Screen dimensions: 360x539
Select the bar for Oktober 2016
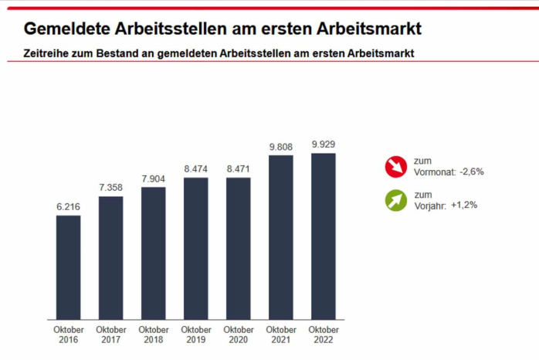(68, 267)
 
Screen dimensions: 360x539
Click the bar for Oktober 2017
(110, 258)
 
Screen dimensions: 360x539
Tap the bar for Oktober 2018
(154, 253)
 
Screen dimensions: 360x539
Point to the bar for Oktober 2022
(324, 236)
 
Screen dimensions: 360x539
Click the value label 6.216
(68, 207)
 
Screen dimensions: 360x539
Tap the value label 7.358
(110, 188)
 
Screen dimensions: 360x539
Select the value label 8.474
(196, 169)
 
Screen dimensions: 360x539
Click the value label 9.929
(324, 144)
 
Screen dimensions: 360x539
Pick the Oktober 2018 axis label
(154, 335)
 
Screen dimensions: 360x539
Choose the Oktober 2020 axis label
(239, 335)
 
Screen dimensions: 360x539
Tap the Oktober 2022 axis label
(324, 335)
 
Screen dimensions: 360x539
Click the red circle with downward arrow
(396, 166)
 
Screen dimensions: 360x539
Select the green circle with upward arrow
(396, 201)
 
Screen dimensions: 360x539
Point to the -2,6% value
(471, 172)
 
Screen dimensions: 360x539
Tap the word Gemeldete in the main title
(69, 29)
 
